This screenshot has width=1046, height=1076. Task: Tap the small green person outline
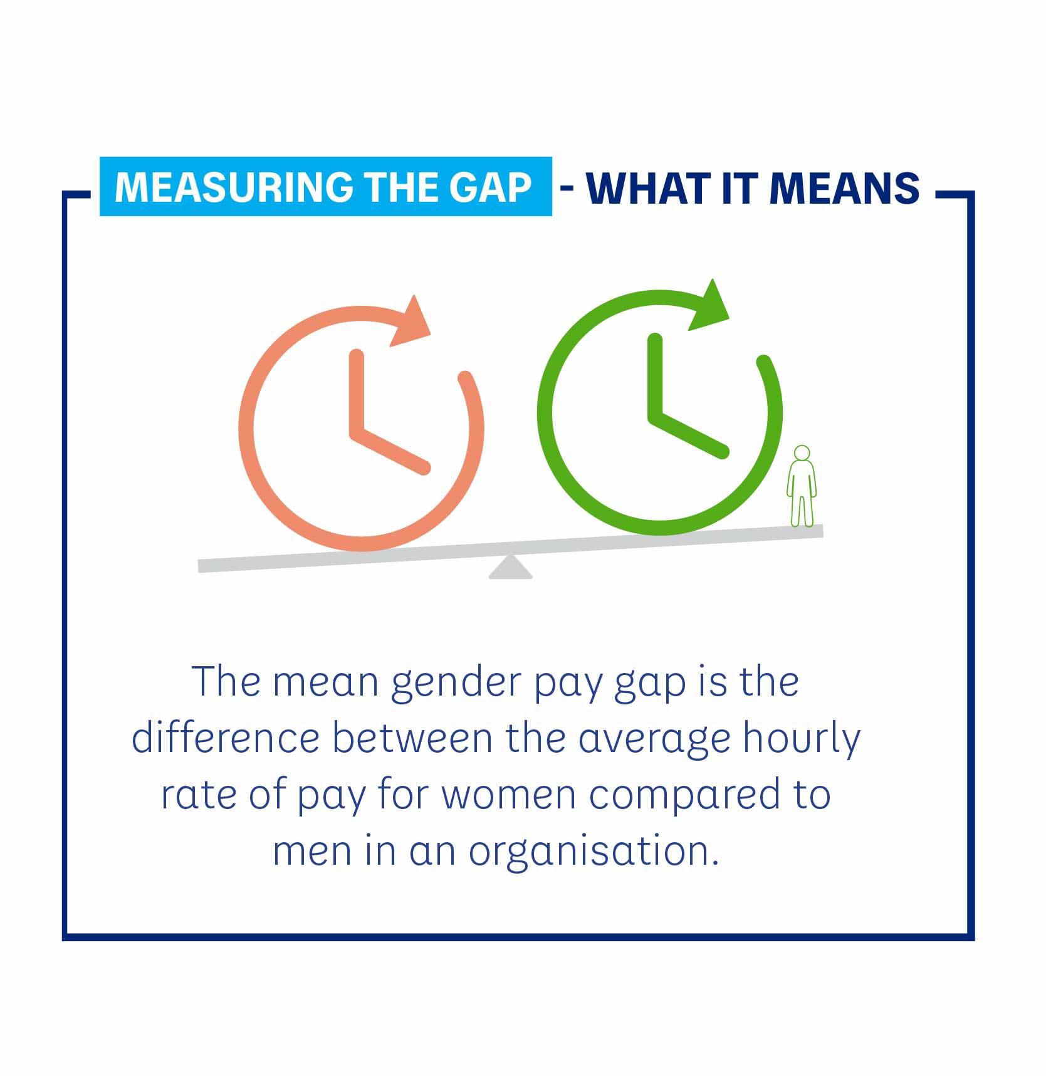802,486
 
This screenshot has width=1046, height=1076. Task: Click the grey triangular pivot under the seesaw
510,567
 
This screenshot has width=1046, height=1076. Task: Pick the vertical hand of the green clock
655,376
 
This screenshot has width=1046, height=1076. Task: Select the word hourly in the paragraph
802,739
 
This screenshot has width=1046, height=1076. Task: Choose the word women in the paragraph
509,796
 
